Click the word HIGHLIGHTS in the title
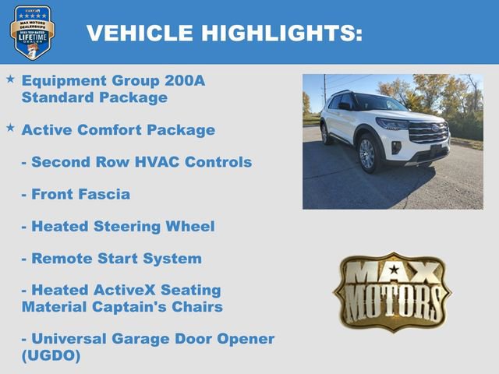click(x=281, y=33)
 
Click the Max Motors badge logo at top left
click(x=32, y=31)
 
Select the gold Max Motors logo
click(x=392, y=291)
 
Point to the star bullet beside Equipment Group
click(x=10, y=79)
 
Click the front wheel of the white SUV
click(x=367, y=154)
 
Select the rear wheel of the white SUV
click(x=324, y=133)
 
